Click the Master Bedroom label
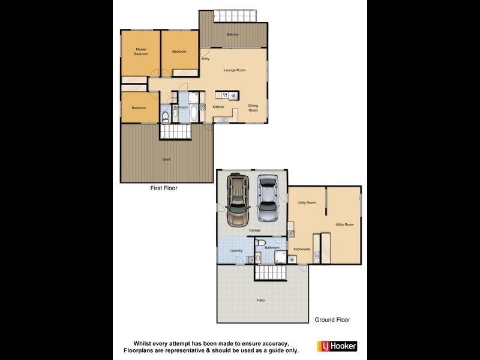pos(141,52)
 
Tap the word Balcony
pos(233,34)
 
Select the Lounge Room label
pos(235,70)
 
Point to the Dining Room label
pos(253,109)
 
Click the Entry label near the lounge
pos(205,59)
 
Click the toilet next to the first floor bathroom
pos(165,116)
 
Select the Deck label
pos(167,159)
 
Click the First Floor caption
pos(164,188)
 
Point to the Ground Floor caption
pos(332,320)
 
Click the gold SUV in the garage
pos(239,199)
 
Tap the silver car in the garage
pos(268,198)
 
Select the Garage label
pos(254,230)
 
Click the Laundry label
pos(236,250)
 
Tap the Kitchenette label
pos(302,248)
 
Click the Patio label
pos(261,300)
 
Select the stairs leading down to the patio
pos(273,274)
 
